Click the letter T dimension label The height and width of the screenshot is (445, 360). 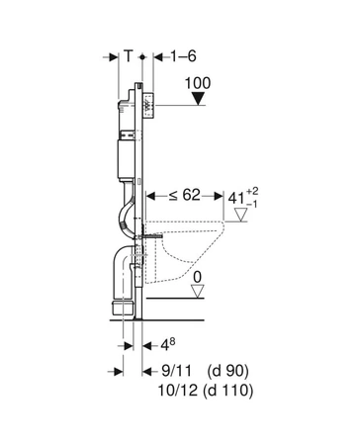point(129,56)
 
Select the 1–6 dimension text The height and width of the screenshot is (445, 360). point(183,56)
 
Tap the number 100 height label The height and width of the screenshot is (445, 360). point(198,83)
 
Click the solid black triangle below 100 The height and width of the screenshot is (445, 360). point(198,99)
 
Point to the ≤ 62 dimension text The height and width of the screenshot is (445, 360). point(184,195)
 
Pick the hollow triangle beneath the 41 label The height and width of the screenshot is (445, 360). point(240,215)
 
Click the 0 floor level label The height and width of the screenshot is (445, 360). point(197,277)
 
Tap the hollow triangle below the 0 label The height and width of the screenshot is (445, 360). point(198,292)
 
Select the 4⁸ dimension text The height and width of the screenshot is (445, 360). point(167,344)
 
